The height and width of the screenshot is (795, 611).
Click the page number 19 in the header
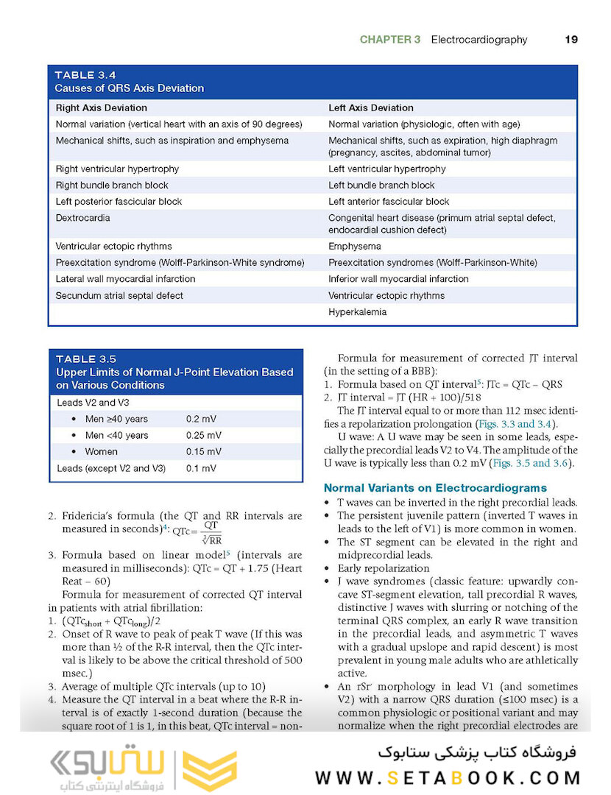point(571,40)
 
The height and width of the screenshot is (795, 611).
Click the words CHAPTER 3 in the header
point(389,40)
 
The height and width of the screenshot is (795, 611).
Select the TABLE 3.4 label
point(85,75)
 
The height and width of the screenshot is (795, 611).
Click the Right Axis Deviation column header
point(102,107)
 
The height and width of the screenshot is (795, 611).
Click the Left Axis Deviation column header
point(371,107)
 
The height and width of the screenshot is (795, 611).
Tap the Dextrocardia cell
point(82,218)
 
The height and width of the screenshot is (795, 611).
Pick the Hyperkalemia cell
point(357,312)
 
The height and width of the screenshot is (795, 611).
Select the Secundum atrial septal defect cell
point(119,295)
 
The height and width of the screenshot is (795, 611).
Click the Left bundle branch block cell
point(381,185)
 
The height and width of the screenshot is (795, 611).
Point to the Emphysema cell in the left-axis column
point(355,247)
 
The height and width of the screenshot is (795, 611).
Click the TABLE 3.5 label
point(86,359)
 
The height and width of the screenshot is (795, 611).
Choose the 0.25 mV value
point(203,435)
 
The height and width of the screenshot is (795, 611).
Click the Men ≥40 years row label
point(116,419)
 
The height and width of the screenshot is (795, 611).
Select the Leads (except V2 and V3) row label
point(111,468)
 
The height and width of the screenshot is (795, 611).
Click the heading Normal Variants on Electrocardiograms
point(435,487)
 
